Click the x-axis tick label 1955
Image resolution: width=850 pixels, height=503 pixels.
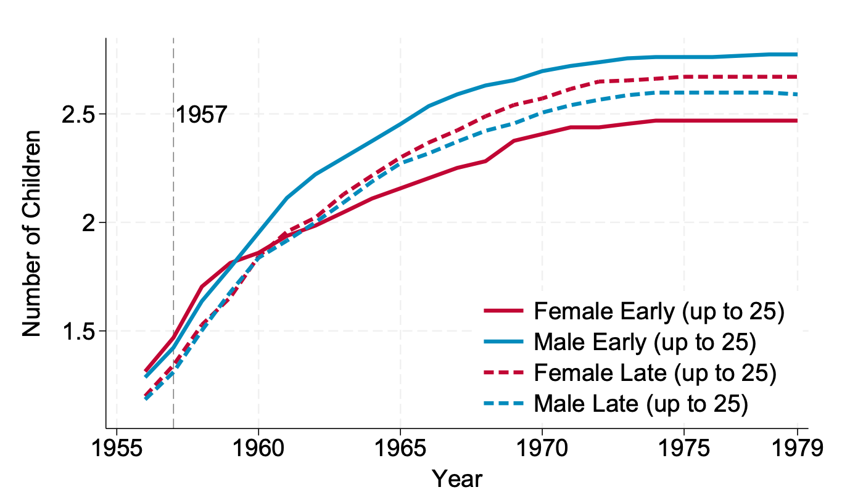(x=117, y=449)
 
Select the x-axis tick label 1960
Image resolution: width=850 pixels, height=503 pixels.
(x=258, y=449)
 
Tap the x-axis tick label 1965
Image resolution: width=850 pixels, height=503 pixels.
(x=400, y=449)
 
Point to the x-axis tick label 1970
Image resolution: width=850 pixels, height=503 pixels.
(x=542, y=449)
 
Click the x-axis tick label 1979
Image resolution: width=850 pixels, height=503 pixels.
(x=797, y=449)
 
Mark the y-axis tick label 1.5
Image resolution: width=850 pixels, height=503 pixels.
(x=82, y=331)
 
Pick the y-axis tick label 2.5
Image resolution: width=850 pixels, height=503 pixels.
(x=82, y=115)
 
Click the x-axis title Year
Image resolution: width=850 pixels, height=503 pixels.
(x=456, y=479)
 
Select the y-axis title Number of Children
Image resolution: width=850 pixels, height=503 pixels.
(x=32, y=233)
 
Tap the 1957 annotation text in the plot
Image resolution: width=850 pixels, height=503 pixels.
(x=202, y=115)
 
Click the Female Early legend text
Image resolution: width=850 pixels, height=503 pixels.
(x=659, y=313)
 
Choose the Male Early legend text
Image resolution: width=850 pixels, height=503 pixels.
(x=645, y=343)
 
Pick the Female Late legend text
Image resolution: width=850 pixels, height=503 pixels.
(x=654, y=373)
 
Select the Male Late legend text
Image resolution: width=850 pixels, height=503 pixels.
(x=641, y=404)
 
